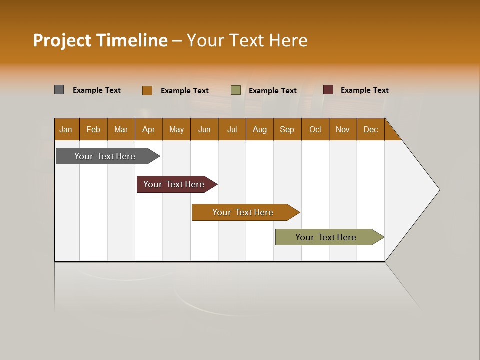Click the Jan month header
pyautogui.click(x=66, y=129)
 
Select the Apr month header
pyautogui.click(x=148, y=129)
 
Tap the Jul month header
pyautogui.click(x=232, y=129)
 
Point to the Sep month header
pyautogui.click(x=287, y=129)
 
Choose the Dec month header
pyautogui.click(x=370, y=129)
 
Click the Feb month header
pyautogui.click(x=93, y=129)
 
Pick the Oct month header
pyautogui.click(x=315, y=129)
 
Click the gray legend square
pyautogui.click(x=59, y=90)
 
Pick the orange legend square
pyautogui.click(x=147, y=90)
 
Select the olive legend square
pyautogui.click(x=236, y=90)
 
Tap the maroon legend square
pyautogui.click(x=328, y=90)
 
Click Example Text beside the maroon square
pyautogui.click(x=364, y=90)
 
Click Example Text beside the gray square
pyautogui.click(x=97, y=90)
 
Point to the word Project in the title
pyautogui.click(x=62, y=40)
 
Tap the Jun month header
pyautogui.click(x=204, y=129)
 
